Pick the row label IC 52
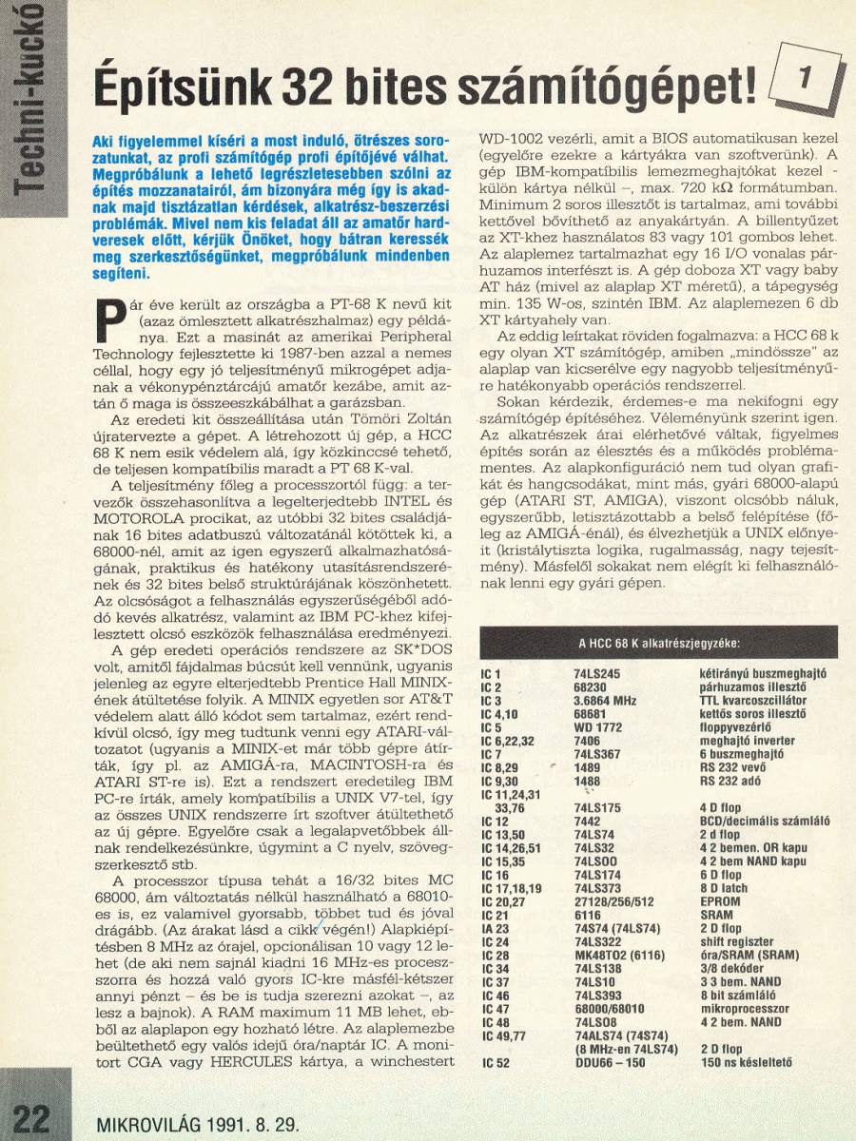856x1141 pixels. [502, 1062]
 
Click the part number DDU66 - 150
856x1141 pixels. [611, 1062]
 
